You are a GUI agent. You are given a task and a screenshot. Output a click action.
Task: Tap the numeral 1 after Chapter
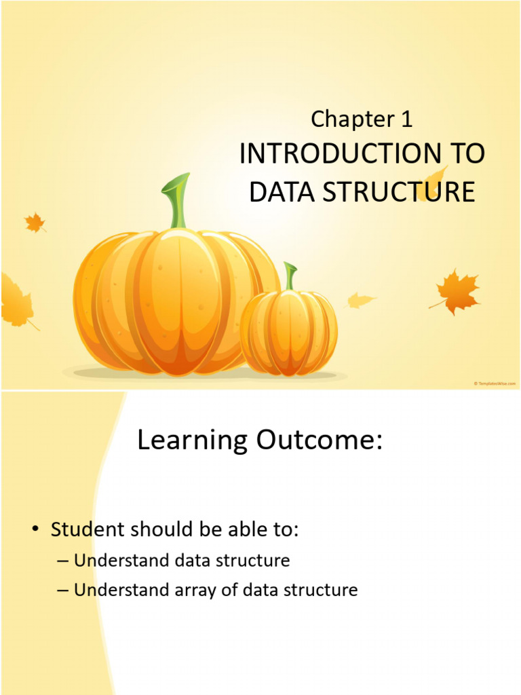(x=406, y=119)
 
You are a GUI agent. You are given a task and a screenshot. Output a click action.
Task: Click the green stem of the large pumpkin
(x=177, y=201)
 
